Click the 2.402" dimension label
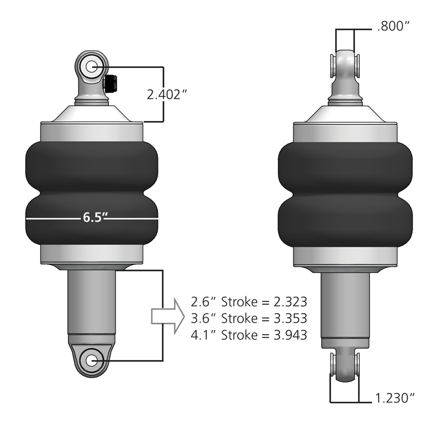(167, 94)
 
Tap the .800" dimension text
(392, 26)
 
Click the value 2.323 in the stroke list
(287, 301)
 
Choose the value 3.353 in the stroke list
(287, 318)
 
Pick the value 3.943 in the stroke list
(287, 335)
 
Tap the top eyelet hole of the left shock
(90, 67)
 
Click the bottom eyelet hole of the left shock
(90, 360)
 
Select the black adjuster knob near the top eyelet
(110, 83)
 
